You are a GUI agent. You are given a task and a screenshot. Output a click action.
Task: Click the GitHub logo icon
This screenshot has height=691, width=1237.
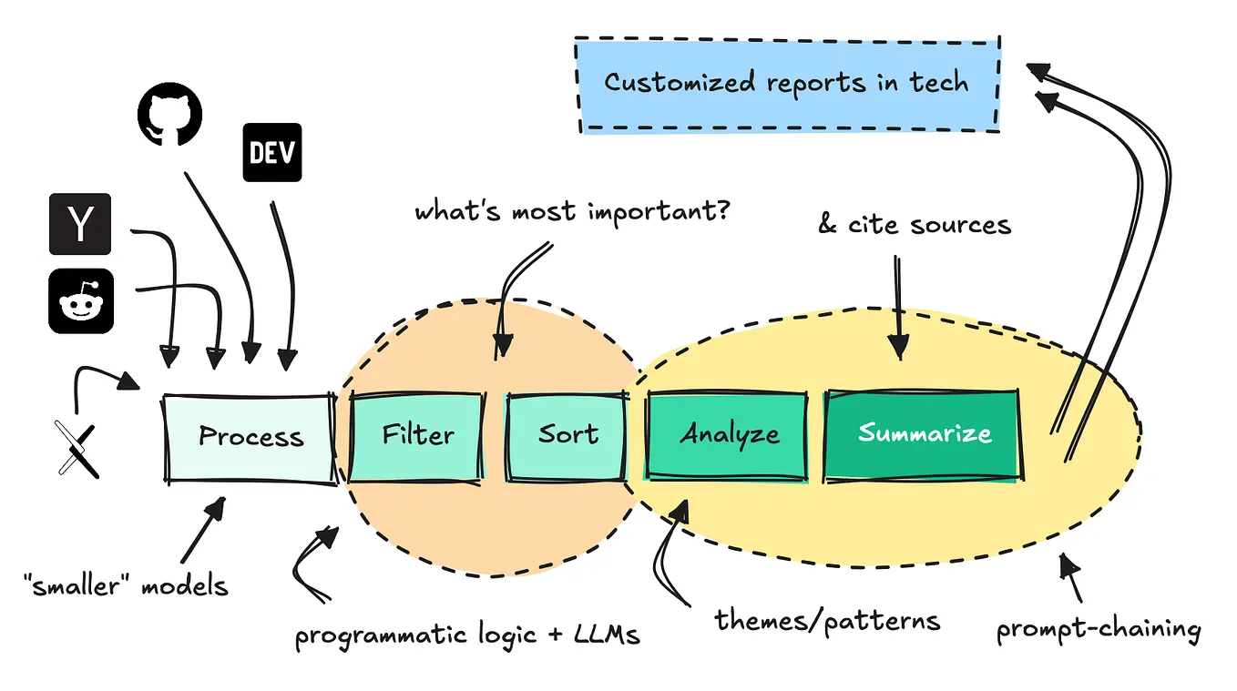[169, 116]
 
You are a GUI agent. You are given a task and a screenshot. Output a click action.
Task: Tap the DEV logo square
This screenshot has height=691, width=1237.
[272, 152]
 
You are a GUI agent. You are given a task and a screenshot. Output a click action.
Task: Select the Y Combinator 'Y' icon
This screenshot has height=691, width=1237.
[80, 224]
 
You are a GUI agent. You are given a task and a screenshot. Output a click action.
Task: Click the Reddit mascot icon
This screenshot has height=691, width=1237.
[81, 300]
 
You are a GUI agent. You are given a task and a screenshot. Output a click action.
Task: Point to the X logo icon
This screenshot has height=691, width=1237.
[77, 449]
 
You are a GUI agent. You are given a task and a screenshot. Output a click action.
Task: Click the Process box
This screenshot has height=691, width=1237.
[250, 437]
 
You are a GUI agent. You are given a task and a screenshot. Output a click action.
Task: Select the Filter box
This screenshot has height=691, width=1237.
[417, 435]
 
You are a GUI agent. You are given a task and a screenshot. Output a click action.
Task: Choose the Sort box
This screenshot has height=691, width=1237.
[567, 435]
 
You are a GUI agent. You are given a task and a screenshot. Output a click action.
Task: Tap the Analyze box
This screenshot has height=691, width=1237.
[728, 434]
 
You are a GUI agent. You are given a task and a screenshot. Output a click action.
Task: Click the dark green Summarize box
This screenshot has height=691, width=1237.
[923, 434]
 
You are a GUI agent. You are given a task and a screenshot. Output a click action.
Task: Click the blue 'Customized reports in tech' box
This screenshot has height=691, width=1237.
[787, 84]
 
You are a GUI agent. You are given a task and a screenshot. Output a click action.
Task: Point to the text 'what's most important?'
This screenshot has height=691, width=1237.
[573, 212]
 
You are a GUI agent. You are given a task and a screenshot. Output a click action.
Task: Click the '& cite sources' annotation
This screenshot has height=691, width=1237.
[914, 224]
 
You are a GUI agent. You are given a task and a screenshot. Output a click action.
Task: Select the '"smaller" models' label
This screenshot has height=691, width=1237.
[127, 584]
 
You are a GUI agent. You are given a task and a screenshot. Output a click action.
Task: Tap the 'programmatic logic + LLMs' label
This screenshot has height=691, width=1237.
[467, 635]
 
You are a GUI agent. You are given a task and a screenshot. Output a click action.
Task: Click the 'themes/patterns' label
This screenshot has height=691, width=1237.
[826, 622]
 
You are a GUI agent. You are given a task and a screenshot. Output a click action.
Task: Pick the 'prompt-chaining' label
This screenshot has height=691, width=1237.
[1098, 629]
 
